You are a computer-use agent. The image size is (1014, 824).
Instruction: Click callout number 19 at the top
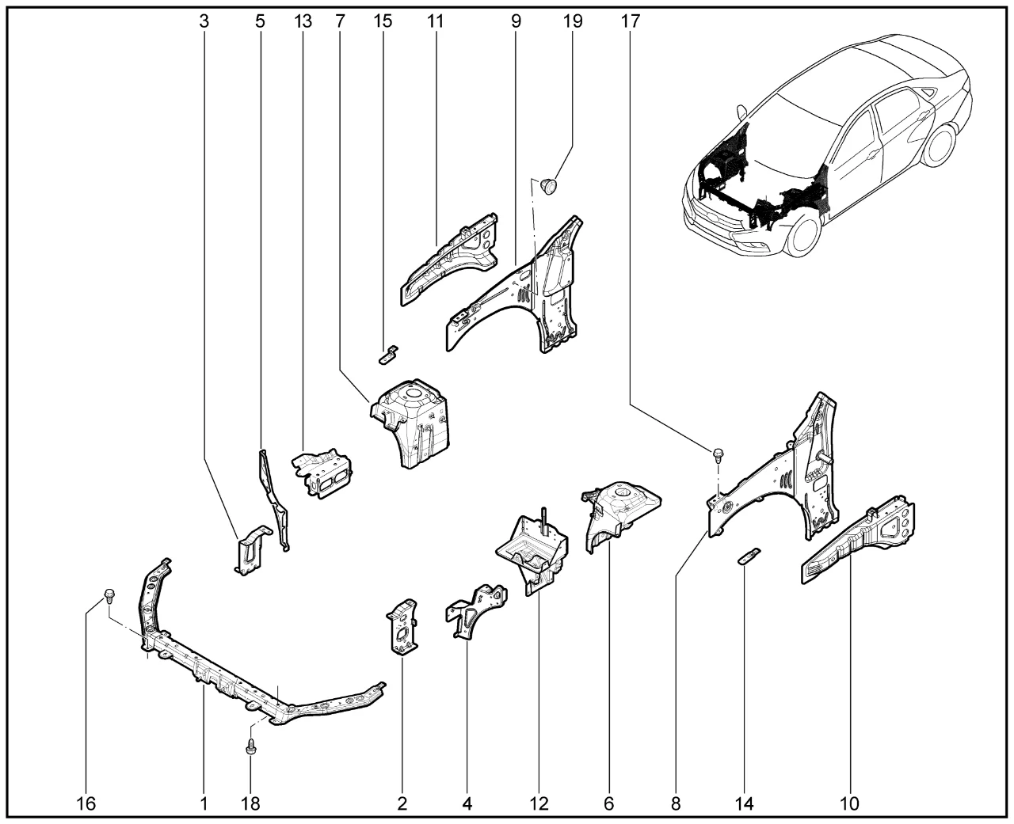[572, 21]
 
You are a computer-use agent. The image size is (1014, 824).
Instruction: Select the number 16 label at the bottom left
[86, 804]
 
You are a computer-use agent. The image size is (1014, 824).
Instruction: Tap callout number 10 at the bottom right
[849, 804]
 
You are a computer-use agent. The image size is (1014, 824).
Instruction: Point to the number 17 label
[630, 21]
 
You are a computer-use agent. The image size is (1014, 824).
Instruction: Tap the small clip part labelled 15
[388, 353]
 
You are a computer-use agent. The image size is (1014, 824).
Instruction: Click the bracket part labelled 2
[402, 625]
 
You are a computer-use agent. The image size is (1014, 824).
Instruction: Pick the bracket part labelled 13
[323, 475]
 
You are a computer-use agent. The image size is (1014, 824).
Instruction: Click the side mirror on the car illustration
[741, 112]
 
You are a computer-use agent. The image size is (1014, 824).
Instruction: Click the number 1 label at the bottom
[204, 804]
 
